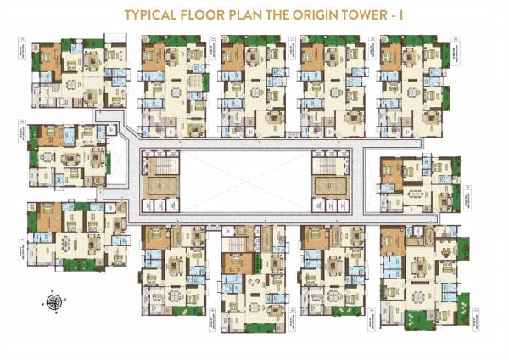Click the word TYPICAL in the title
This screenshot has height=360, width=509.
(153, 14)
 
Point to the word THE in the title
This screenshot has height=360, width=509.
(286, 14)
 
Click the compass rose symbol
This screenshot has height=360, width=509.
(54, 301)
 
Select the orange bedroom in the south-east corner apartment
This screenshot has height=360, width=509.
(391, 240)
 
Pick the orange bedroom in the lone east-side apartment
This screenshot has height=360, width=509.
(389, 169)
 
